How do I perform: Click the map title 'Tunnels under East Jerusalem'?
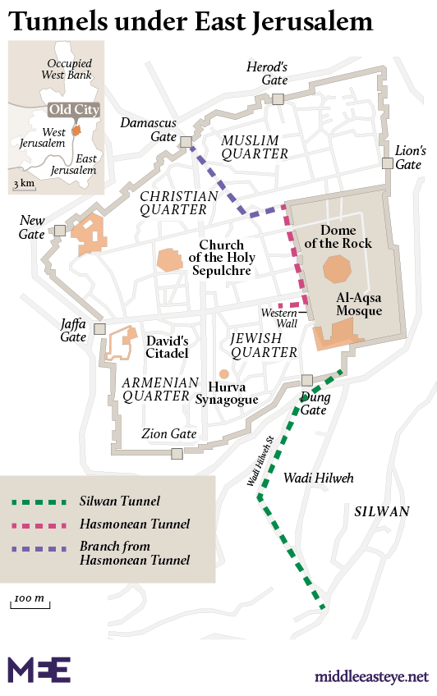[x=190, y=21]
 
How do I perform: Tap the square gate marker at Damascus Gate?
[x=186, y=141]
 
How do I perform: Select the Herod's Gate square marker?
[x=278, y=99]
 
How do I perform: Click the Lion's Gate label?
[x=411, y=158]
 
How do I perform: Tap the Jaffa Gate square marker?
[x=99, y=328]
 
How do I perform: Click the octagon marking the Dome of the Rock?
[x=337, y=268]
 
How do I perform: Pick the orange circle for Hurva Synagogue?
[x=224, y=374]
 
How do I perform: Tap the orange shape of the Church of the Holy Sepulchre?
[x=170, y=259]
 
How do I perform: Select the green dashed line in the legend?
[x=40, y=501]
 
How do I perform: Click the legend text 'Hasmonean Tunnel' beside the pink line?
[x=135, y=524]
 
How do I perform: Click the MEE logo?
[x=39, y=670]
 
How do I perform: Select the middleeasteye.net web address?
[x=371, y=676]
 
